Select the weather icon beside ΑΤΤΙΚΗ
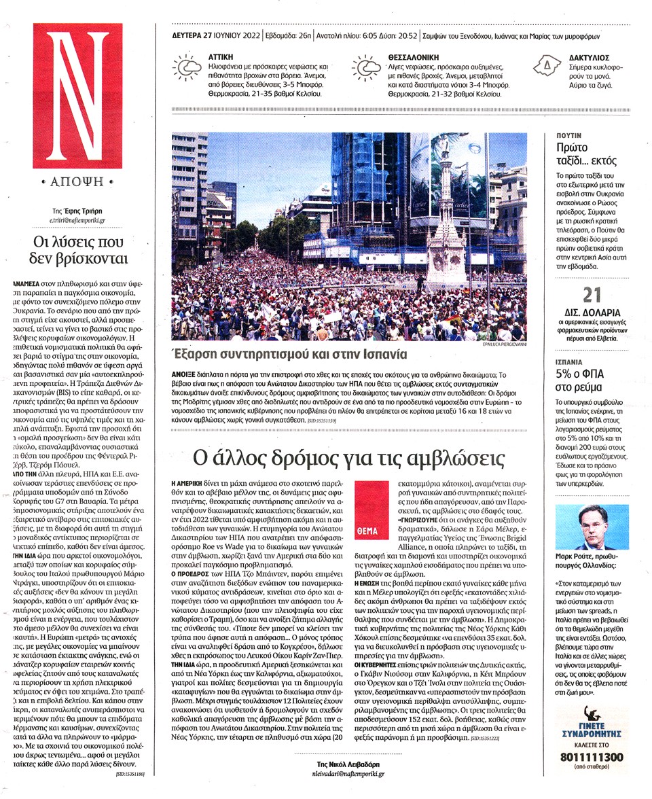click(185, 67)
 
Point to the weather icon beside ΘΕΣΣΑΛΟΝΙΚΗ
click(367, 67)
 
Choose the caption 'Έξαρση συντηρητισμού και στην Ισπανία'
click(289, 355)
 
